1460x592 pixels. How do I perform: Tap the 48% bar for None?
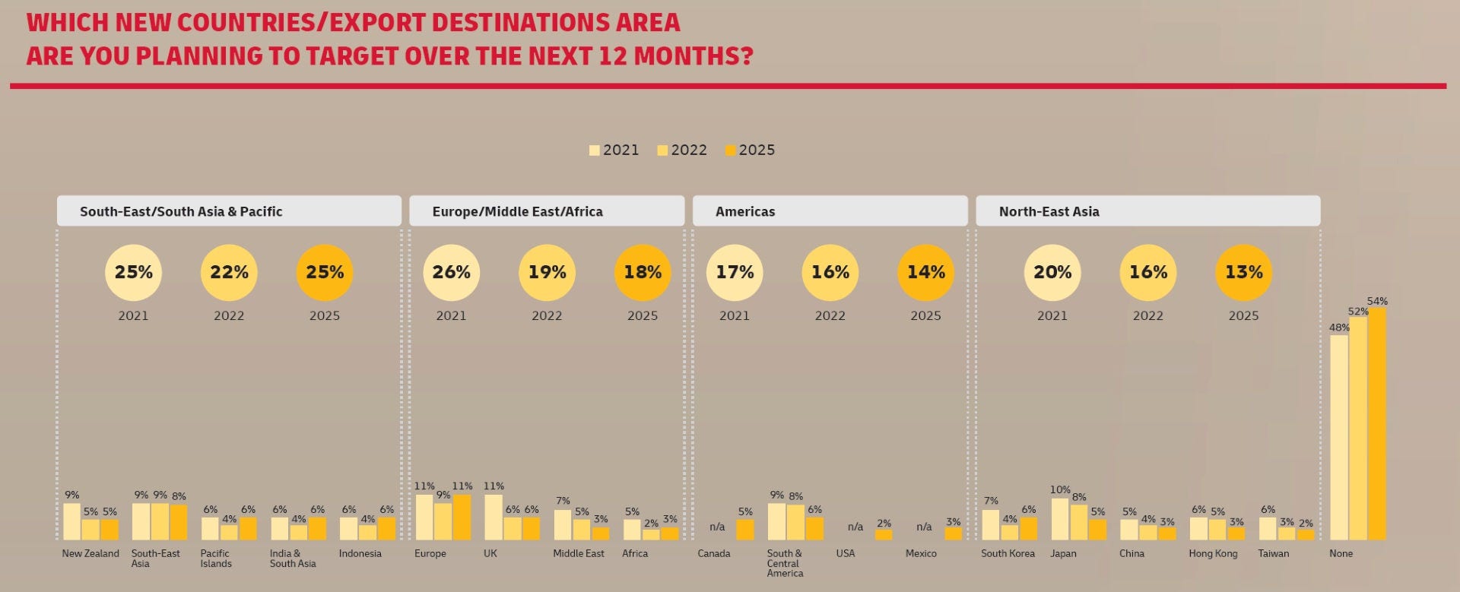coord(1339,438)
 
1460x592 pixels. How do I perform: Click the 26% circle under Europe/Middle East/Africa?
coord(451,272)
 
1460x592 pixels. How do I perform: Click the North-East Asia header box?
coord(1147,211)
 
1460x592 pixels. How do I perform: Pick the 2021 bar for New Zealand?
coord(71,521)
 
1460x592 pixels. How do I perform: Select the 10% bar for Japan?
coord(1060,519)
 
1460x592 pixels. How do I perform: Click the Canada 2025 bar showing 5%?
coord(745,530)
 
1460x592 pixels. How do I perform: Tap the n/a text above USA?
coord(855,527)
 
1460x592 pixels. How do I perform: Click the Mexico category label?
coord(921,553)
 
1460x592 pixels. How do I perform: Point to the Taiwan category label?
coord(1273,553)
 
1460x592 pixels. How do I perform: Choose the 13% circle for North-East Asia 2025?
coord(1243,272)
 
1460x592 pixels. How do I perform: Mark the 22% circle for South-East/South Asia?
coord(229,272)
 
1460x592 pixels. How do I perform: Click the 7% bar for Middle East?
coord(563,524)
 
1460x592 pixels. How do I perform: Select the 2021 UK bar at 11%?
coord(494,517)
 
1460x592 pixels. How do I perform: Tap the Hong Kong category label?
coord(1213,553)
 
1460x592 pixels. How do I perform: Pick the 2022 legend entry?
coord(682,150)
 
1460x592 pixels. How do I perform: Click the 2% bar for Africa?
coord(651,535)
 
